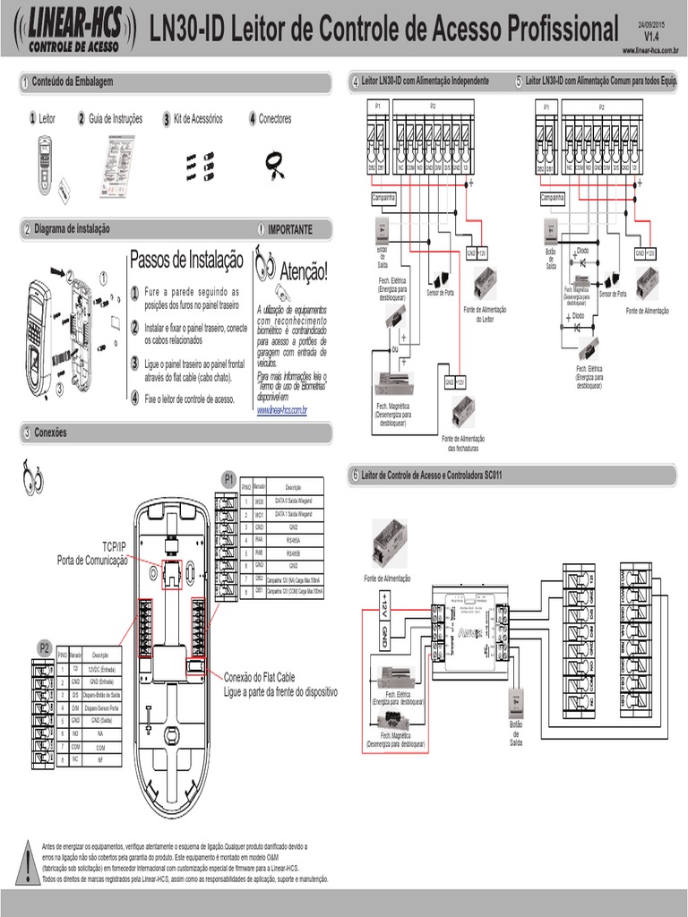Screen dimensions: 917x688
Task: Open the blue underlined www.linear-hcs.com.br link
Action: tap(282, 410)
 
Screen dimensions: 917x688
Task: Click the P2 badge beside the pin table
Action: tap(43, 647)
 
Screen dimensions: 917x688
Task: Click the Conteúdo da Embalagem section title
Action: tap(73, 82)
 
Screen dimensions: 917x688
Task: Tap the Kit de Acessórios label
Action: tap(198, 118)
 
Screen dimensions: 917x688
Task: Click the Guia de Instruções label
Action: tap(115, 118)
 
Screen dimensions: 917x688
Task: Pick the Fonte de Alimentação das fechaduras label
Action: tap(463, 442)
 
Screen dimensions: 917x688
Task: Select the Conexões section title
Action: tap(50, 433)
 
